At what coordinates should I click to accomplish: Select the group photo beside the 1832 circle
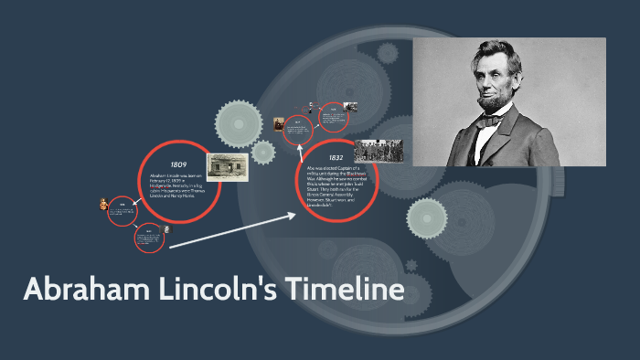click(378, 151)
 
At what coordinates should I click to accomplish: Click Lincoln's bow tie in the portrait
click(495, 121)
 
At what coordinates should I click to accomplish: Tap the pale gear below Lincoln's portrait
click(427, 217)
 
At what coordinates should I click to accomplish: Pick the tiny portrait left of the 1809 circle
click(103, 206)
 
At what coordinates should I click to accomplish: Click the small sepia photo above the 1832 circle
click(279, 123)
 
